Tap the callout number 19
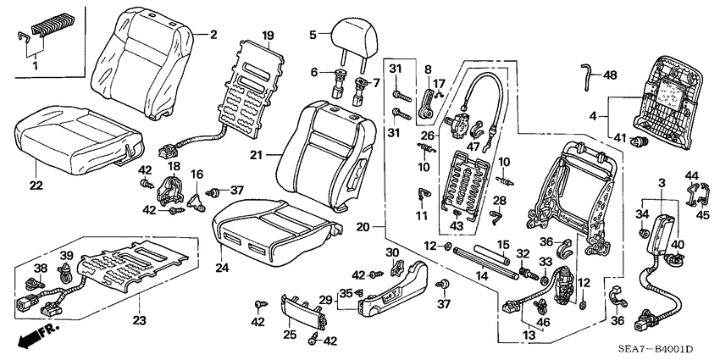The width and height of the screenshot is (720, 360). pos(268,36)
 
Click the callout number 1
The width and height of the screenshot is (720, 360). pos(34,65)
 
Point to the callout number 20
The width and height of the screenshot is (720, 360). pos(362,226)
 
